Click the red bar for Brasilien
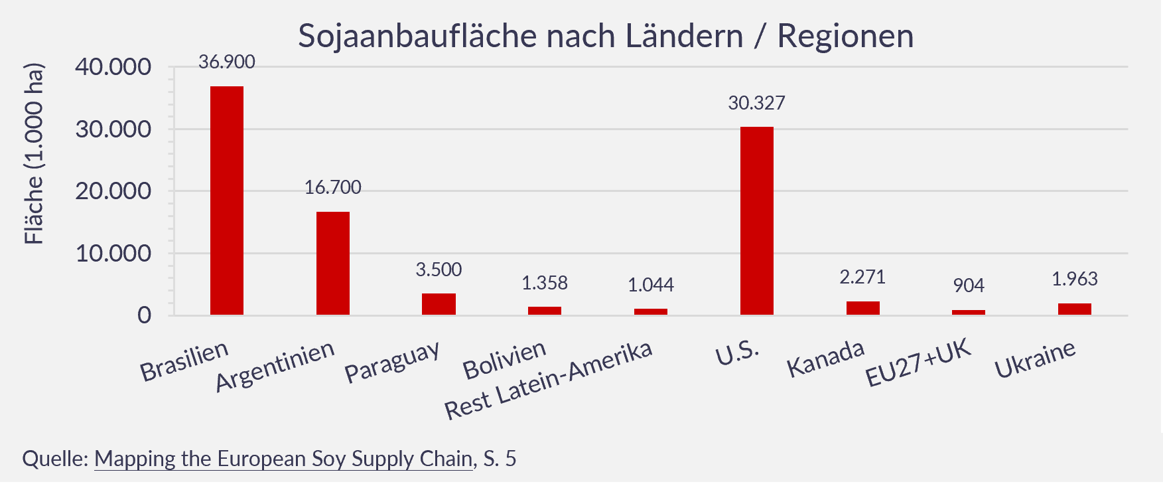(227, 201)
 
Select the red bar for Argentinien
(333, 263)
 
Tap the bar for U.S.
(757, 220)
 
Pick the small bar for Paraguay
(439, 304)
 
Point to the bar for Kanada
(862, 308)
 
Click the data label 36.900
(227, 62)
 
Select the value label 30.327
(756, 104)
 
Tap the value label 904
(969, 285)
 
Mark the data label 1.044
(651, 285)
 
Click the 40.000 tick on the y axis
(113, 67)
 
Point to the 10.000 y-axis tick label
(113, 254)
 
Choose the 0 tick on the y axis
(144, 315)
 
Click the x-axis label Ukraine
(1035, 359)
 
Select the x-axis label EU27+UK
(918, 363)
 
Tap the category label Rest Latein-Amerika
(548, 381)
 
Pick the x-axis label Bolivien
(504, 361)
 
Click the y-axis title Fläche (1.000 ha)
(34, 154)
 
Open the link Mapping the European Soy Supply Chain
(283, 459)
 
